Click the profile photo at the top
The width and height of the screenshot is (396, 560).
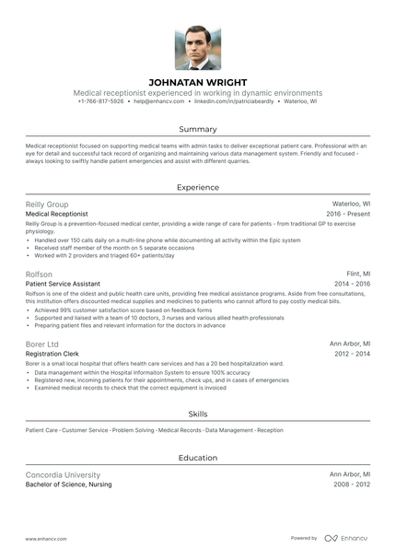(x=198, y=48)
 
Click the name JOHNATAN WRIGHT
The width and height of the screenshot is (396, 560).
(x=198, y=82)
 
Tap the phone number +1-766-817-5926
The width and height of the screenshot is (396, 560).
(x=100, y=102)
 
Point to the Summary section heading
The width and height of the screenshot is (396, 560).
(x=198, y=129)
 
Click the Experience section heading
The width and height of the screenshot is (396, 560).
(x=198, y=187)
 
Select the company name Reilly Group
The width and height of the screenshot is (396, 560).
(x=46, y=204)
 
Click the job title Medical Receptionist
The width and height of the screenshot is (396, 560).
(x=57, y=214)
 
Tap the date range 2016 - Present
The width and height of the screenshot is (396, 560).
(x=348, y=214)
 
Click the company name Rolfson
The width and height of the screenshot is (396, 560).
(x=40, y=274)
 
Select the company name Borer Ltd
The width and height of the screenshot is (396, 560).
(x=42, y=344)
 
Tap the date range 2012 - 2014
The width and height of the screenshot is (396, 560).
(x=351, y=354)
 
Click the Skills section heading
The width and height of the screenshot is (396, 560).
(x=198, y=414)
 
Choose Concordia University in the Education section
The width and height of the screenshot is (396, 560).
(x=63, y=474)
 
